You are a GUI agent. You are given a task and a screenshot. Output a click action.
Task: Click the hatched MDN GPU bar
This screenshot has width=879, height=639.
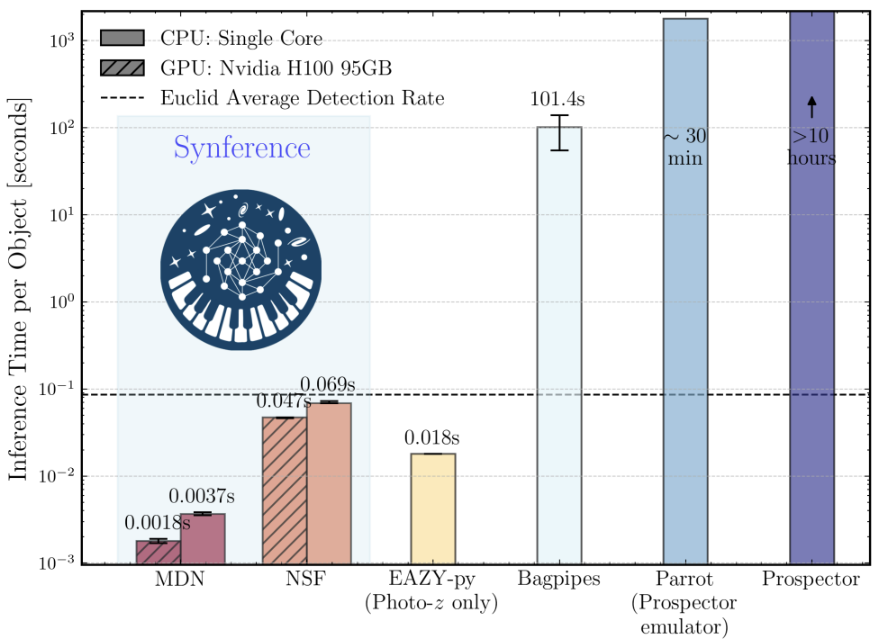click(x=159, y=553)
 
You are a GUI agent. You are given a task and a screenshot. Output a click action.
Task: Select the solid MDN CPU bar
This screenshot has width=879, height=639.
click(x=203, y=539)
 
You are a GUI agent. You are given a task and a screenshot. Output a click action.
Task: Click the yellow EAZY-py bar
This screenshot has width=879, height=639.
click(x=433, y=508)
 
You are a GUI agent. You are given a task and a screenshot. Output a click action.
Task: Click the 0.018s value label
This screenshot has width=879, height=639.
click(x=432, y=438)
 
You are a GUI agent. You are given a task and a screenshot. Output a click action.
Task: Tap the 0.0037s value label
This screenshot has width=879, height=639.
click(x=204, y=497)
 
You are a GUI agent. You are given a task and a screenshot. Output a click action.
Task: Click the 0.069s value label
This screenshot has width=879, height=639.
click(x=328, y=385)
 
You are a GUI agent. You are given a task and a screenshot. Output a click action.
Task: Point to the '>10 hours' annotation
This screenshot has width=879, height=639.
click(x=811, y=148)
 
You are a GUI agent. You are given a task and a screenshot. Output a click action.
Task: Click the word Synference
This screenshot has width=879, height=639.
click(x=242, y=148)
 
